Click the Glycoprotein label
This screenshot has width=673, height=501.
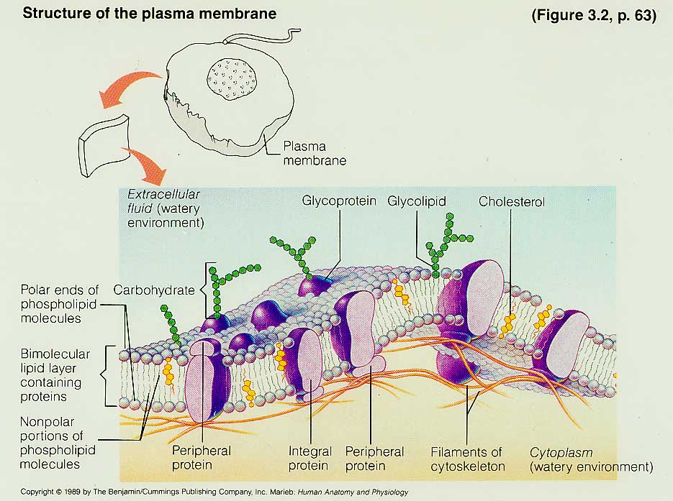339,201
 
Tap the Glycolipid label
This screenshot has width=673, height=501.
417,201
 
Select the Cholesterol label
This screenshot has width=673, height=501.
512,202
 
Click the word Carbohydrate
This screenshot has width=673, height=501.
154,290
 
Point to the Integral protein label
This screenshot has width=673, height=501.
310,459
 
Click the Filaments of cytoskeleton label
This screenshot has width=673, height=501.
466,459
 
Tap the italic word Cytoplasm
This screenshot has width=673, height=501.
561,452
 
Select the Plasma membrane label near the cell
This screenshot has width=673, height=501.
314,153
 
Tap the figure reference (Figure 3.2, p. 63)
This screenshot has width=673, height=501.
593,16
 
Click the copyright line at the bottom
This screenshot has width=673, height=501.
214,492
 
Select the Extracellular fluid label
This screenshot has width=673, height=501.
166,208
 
